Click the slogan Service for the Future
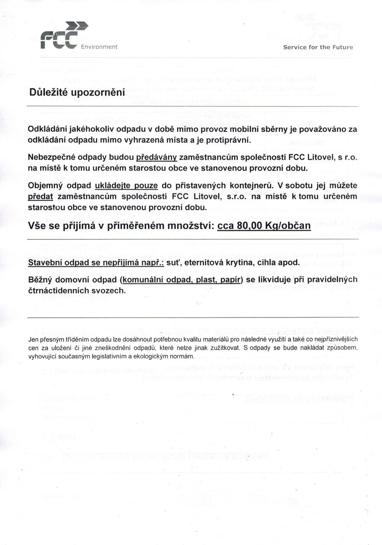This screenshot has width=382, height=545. point(318,47)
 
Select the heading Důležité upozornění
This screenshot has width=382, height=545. point(77,92)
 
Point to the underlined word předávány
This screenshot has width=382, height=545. point(156,157)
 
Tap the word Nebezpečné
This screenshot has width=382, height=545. point(53,157)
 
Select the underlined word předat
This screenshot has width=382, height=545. point(40,197)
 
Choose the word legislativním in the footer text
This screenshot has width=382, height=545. point(110,356)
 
